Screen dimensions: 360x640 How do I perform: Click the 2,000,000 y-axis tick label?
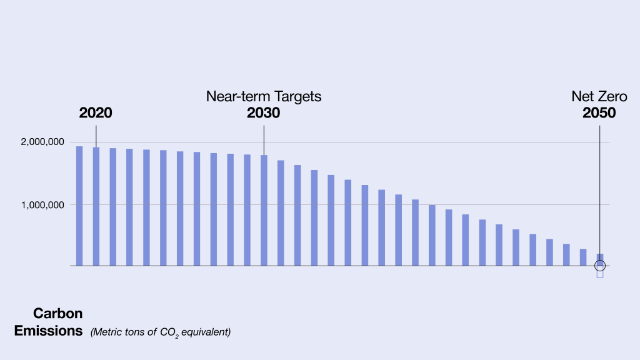pyautogui.click(x=42, y=143)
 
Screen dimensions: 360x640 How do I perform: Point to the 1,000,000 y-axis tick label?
pyautogui.click(x=42, y=205)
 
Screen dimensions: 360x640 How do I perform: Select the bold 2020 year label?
pyautogui.click(x=96, y=113)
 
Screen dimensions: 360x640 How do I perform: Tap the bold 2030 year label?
pyautogui.click(x=263, y=113)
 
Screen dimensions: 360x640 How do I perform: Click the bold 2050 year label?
pyautogui.click(x=599, y=113)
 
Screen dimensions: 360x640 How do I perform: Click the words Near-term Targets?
pyautogui.click(x=264, y=97)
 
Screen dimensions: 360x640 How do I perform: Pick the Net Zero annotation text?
pyautogui.click(x=599, y=97)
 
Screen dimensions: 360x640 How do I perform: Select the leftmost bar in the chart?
pyautogui.click(x=79, y=206)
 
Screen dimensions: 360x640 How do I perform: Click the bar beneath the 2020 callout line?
pyautogui.click(x=96, y=206)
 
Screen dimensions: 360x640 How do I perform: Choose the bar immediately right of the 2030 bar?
pyautogui.click(x=281, y=213)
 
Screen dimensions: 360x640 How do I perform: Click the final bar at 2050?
pyautogui.click(x=600, y=257)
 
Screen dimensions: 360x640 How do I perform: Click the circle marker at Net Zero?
pyautogui.click(x=600, y=266)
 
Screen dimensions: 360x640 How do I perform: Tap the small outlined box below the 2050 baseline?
pyautogui.click(x=600, y=274)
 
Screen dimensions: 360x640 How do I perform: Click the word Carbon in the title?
pyautogui.click(x=58, y=313)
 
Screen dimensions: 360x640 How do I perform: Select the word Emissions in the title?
pyautogui.click(x=49, y=331)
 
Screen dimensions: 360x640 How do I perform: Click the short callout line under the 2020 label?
pyautogui.click(x=96, y=135)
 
